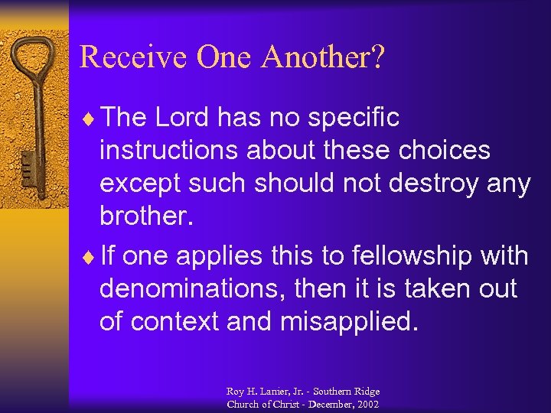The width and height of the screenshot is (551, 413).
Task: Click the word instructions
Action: coord(169,151)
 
